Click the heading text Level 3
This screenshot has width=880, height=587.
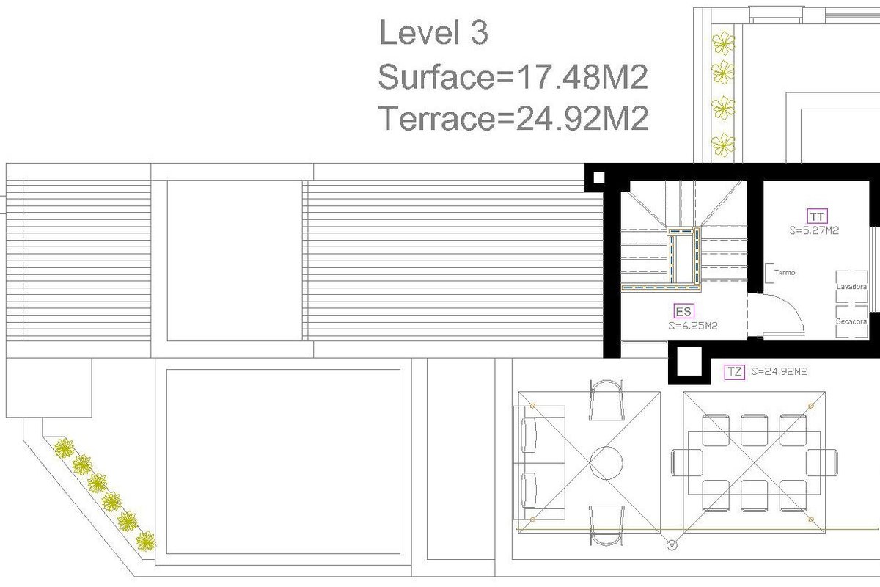click(433, 32)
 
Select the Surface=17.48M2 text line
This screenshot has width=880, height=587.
click(513, 76)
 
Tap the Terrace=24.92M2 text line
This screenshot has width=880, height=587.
click(513, 118)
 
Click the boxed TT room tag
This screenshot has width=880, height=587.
click(818, 216)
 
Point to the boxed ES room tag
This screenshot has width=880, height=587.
click(683, 311)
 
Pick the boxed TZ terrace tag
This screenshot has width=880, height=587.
click(735, 371)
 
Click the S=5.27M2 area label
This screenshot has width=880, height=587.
click(815, 230)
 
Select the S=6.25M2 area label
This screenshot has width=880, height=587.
click(693, 326)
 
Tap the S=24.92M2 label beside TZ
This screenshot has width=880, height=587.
click(780, 371)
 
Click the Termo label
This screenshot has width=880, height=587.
click(785, 272)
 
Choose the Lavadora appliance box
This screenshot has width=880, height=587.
click(851, 287)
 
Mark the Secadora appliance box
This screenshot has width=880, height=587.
click(851, 321)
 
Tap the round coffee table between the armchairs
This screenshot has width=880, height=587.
click(606, 463)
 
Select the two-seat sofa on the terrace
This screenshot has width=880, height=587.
click(539, 462)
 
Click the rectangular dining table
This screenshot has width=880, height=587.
click(755, 463)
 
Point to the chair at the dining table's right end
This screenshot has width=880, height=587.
click(822, 462)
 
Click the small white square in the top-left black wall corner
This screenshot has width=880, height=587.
click(598, 178)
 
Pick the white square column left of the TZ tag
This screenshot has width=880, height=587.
click(689, 361)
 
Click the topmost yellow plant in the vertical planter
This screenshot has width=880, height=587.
click(723, 43)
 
